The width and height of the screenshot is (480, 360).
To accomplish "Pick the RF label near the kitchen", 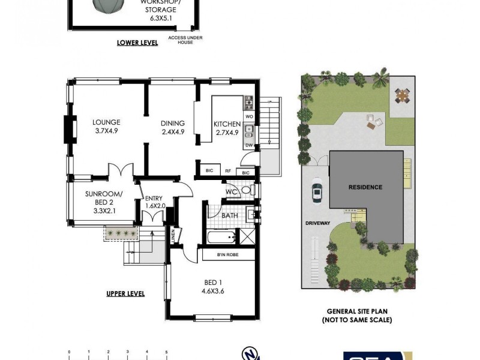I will tap(228, 171).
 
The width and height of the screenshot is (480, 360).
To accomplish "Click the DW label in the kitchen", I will tap(249, 145).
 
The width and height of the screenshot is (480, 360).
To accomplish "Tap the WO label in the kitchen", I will tap(249, 116).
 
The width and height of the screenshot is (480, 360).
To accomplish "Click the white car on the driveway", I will tap(317, 193).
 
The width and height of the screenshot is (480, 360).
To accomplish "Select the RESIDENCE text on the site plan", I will tap(365, 187).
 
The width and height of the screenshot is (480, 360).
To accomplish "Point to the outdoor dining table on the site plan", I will tap(402, 94).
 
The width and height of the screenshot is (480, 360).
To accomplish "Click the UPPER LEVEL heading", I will tap(125, 293).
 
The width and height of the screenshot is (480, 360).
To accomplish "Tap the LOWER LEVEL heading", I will tap(137, 43).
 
